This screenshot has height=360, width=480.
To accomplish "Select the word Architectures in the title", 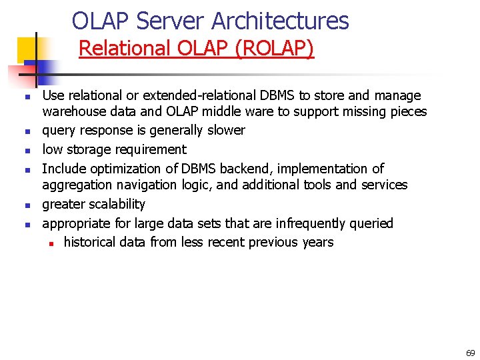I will tap(280, 21).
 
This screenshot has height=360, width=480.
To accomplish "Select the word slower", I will tap(226, 130).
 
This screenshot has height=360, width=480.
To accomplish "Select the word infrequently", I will tap(312, 223).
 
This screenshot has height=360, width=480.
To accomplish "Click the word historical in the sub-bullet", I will tap(91, 242).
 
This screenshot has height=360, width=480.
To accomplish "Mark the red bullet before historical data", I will tap(50, 243).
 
